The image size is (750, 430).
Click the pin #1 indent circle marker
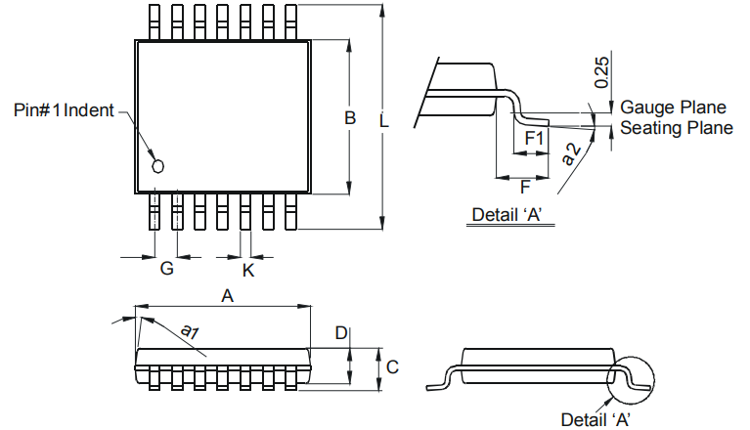click(157, 167)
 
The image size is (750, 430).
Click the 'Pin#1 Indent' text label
click(64, 109)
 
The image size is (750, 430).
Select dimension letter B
click(349, 118)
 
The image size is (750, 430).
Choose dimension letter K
click(247, 270)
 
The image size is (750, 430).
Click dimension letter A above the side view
click(228, 295)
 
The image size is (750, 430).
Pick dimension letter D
click(341, 333)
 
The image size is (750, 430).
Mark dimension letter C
click(391, 366)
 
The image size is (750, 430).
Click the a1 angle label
click(187, 331)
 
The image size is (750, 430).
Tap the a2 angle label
click(572, 150)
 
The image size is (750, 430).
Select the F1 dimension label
click(534, 139)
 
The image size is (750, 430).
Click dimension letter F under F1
click(525, 186)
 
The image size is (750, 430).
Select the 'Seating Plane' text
click(677, 127)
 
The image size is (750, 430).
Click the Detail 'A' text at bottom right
click(595, 419)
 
